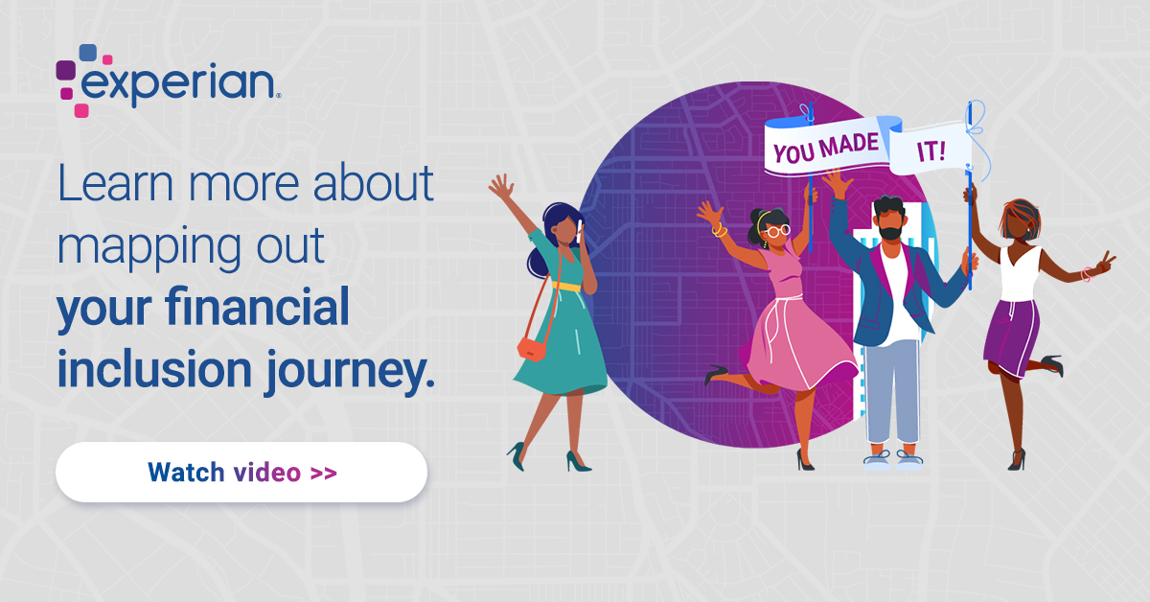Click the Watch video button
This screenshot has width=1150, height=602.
point(241,472)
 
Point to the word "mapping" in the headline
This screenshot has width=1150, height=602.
point(135,247)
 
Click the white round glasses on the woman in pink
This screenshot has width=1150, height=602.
point(776,230)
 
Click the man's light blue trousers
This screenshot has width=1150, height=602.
point(893,393)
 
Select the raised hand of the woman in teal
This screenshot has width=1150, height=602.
point(500,186)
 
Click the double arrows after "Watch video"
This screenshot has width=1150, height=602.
point(324,472)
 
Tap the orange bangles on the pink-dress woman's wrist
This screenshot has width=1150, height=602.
point(719,229)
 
